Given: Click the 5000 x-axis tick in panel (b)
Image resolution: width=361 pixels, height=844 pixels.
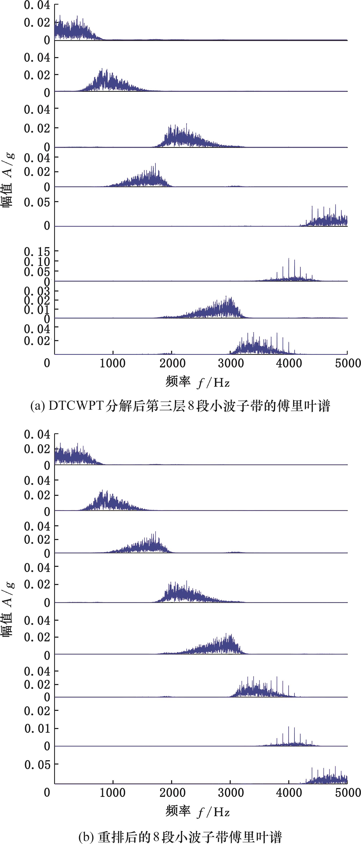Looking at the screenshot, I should tap(347, 793).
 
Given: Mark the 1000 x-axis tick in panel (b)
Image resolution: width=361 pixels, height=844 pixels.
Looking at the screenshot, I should tap(113, 793).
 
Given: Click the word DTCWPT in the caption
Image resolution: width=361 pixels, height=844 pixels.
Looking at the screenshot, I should tap(76, 406).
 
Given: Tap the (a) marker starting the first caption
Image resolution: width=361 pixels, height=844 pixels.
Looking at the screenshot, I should tap(37, 406).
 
